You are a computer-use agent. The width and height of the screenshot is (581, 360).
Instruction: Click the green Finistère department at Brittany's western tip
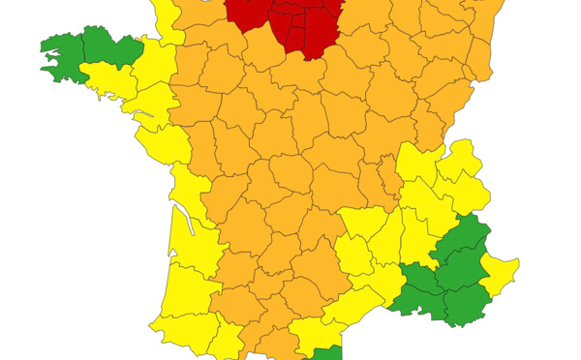coord(60,48)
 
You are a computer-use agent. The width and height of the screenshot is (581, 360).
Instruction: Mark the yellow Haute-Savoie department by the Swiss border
coord(464,161)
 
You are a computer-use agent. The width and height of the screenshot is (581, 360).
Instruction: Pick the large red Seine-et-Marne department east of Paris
coord(319,29)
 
